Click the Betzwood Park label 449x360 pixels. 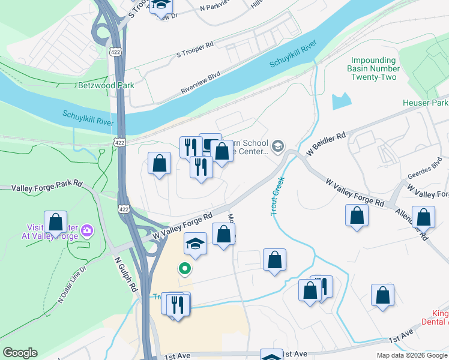[106, 85]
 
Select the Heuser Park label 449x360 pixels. [425, 103]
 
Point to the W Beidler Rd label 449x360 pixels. [326, 144]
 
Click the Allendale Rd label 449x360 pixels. [411, 224]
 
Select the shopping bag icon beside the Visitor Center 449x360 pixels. [55, 222]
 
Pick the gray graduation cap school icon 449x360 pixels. [278, 146]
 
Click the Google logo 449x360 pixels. [20, 353]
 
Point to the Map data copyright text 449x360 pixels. [411, 355]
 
